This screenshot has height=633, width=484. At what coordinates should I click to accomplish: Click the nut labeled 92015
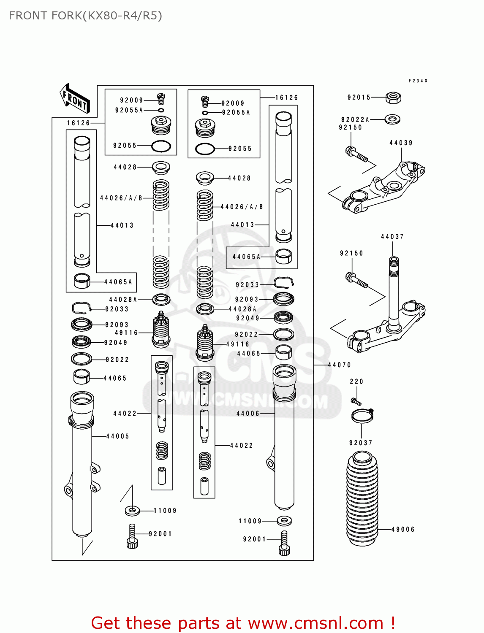tap(393, 98)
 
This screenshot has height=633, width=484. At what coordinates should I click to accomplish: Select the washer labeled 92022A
tap(393, 119)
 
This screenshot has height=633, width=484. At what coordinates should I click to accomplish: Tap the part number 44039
tap(400, 143)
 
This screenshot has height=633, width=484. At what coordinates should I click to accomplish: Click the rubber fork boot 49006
tap(362, 498)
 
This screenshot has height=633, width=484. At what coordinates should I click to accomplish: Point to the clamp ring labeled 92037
tap(362, 416)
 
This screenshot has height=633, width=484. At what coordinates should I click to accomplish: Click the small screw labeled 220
tap(356, 400)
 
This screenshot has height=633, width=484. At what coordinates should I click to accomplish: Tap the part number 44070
tap(339, 365)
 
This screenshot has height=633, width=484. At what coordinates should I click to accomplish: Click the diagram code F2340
tap(418, 81)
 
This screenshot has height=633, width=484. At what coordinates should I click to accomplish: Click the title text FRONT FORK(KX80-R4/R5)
tap(85, 16)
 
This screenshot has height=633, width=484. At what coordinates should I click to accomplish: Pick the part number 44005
tap(117, 436)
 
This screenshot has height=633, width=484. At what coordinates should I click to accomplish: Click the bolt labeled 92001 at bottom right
tap(284, 543)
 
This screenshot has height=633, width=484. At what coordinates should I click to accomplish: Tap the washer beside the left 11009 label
tap(133, 511)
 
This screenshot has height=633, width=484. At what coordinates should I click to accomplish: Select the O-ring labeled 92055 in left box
tap(161, 146)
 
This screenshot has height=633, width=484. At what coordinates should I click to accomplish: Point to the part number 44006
tap(248, 414)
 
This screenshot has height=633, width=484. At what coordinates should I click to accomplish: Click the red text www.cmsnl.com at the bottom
tap(315, 623)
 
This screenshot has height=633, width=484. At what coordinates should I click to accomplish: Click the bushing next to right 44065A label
tap(283, 256)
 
